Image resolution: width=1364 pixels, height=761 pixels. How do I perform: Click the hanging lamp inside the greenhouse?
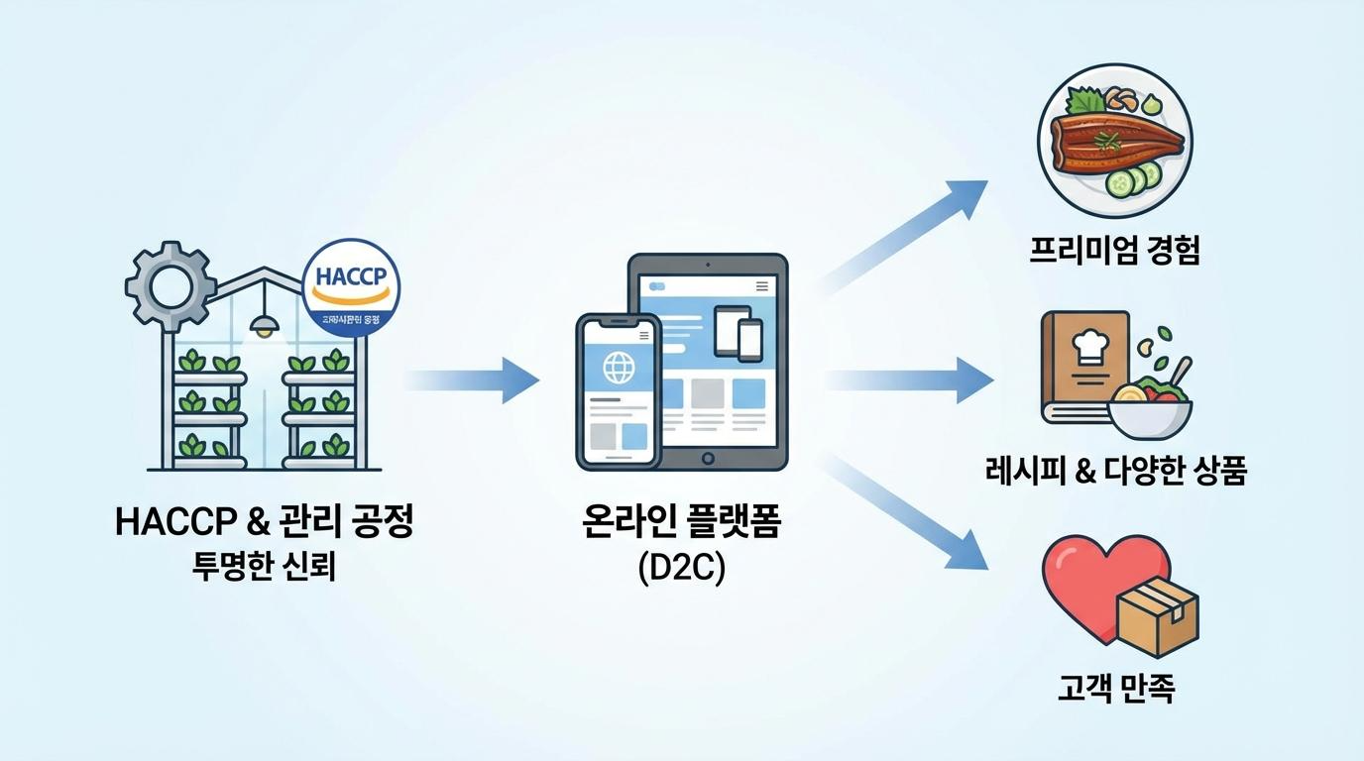pos(264,325)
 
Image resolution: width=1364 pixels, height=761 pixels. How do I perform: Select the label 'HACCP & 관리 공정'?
pos(264,522)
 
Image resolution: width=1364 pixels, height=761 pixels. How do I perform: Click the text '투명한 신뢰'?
pos(264,567)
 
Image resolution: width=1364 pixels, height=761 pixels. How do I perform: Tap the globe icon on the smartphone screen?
pos(620,369)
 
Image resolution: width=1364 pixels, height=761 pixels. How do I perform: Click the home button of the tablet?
pos(707,458)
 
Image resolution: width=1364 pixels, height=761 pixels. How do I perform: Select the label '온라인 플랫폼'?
pos(681,522)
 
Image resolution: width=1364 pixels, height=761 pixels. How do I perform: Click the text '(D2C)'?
pos(681,569)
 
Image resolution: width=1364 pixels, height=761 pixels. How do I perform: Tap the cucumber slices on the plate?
pos(1130,179)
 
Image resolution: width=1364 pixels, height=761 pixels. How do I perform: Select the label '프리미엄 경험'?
pos(1114,251)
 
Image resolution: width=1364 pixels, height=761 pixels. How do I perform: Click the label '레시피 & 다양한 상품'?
pos(1115,471)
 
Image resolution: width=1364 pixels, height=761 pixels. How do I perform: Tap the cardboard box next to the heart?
pos(1158,609)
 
